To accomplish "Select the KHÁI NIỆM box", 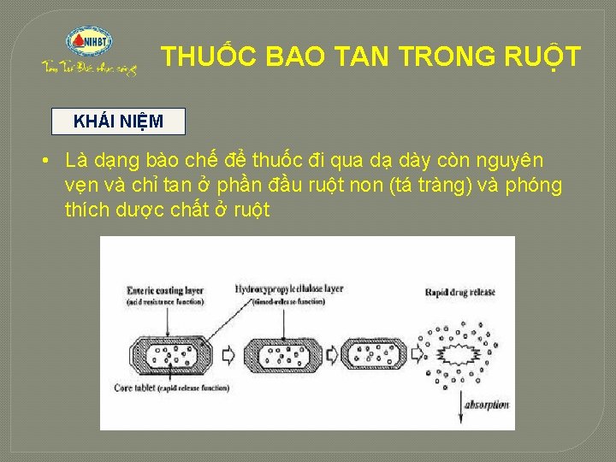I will coord(118,121).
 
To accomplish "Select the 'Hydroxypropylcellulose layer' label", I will coord(289,289).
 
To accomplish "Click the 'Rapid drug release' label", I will coord(460,293).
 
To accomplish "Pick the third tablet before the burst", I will coord(376,352).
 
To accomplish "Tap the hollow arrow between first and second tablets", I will coord(229,353).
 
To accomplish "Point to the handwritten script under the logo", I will coord(89,68).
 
